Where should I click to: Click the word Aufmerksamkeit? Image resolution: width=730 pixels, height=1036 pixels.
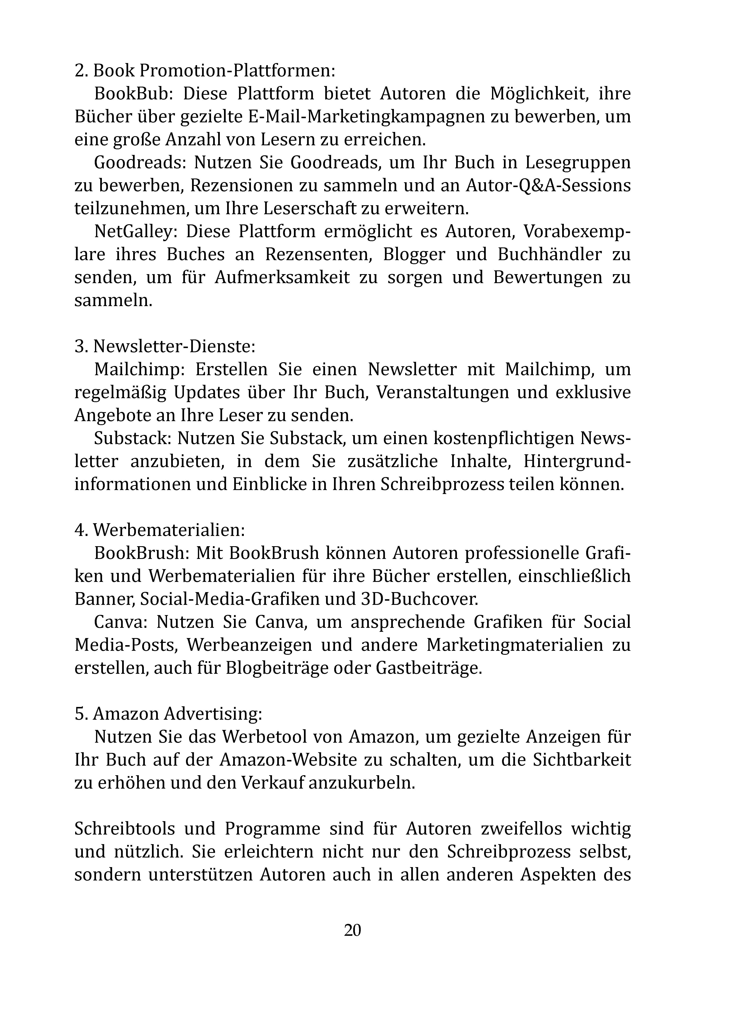click(x=282, y=277)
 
